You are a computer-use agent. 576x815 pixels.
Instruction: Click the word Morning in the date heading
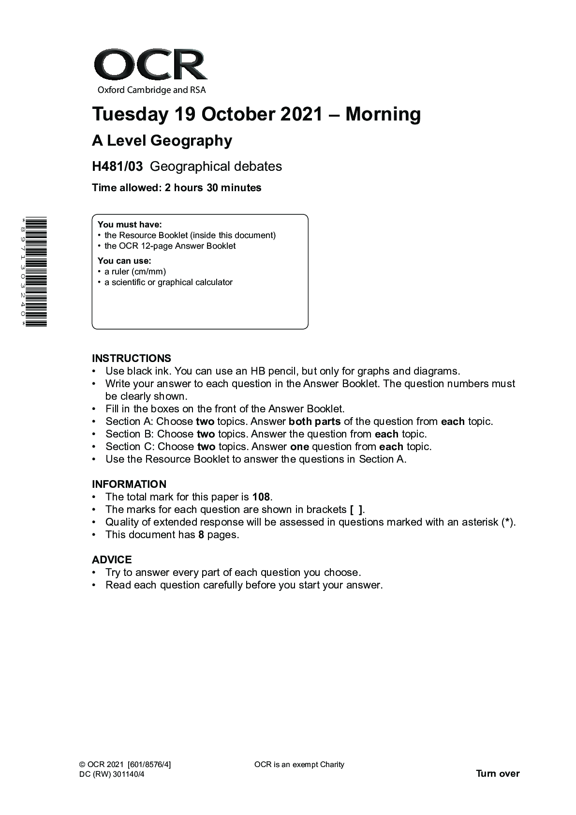tap(383, 114)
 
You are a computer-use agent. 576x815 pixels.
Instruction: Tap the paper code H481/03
tap(118, 166)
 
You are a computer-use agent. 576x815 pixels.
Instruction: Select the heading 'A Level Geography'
tap(162, 141)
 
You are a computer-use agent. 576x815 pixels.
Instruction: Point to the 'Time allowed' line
tap(177, 188)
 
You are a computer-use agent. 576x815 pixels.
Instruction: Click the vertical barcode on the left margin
tap(37, 272)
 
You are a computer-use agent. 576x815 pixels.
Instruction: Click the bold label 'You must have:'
tap(130, 225)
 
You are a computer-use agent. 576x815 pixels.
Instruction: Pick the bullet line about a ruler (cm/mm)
tap(135, 272)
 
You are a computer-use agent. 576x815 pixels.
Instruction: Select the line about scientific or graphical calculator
tap(168, 282)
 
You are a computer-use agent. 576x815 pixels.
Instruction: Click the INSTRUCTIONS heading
tap(132, 359)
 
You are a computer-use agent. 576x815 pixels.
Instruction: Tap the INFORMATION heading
tap(129, 484)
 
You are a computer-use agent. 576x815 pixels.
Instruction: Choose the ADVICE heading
tap(112, 560)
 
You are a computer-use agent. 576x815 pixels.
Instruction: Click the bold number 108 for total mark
tap(261, 497)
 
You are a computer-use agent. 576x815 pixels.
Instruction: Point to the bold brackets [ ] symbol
tap(356, 510)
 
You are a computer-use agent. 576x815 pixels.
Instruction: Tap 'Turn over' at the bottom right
tap(498, 773)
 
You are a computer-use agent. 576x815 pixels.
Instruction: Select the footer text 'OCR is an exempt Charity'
tap(299, 765)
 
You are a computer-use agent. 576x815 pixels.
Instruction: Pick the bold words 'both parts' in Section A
tap(314, 422)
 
